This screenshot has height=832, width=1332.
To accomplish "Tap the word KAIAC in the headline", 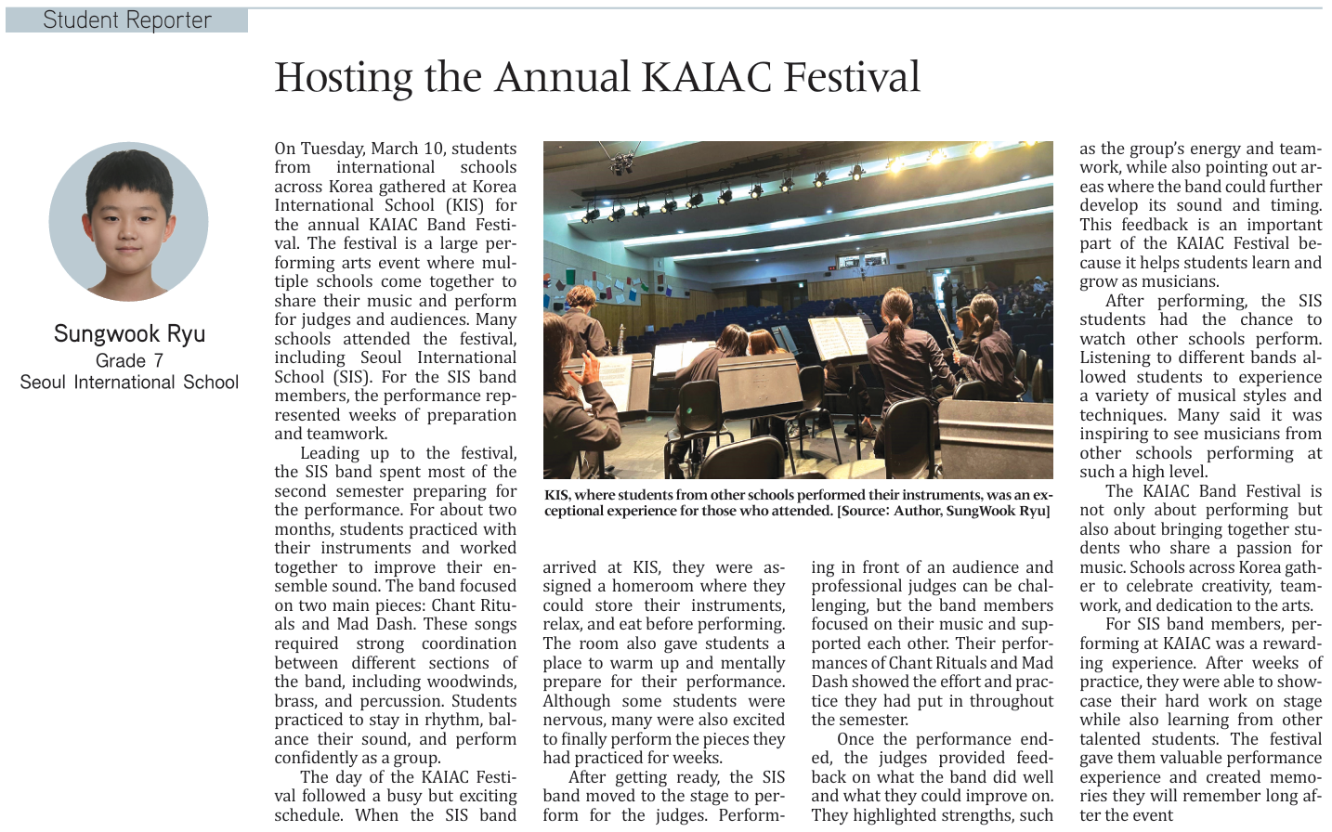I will (705, 78).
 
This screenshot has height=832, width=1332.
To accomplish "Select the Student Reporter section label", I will (127, 20).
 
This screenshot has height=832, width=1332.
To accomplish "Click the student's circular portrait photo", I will (129, 221).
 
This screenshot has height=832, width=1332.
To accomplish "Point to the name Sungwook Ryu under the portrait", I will (129, 334).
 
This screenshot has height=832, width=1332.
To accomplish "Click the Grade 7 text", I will (129, 360).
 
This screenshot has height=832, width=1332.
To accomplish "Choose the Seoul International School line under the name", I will (129, 383).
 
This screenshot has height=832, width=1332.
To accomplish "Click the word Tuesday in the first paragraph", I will (332, 149).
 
